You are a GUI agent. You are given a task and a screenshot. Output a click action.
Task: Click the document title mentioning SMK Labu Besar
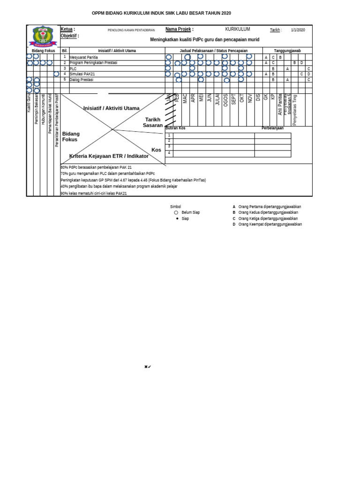pyautogui.click(x=161, y=14)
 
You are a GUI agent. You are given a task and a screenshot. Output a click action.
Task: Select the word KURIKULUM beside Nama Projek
pyautogui.click(x=237, y=29)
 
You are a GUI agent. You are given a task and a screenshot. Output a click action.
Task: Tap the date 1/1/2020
pyautogui.click(x=298, y=30)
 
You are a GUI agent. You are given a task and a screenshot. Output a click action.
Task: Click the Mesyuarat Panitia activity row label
pyautogui.click(x=83, y=57)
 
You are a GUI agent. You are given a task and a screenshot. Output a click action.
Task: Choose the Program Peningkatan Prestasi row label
pyautogui.click(x=93, y=62)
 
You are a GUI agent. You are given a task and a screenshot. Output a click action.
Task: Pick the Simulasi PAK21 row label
pyautogui.click(x=83, y=74)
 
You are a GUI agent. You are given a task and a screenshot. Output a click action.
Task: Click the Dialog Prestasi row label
pyautogui.click(x=82, y=80)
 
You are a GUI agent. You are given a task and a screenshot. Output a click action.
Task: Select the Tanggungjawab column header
pyautogui.click(x=287, y=50)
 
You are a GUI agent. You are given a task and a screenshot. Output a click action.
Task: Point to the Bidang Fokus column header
pyautogui.click(x=43, y=50)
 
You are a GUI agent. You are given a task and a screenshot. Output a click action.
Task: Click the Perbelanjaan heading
pyautogui.click(x=272, y=128)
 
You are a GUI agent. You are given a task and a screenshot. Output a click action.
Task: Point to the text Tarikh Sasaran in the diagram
pyautogui.click(x=153, y=122)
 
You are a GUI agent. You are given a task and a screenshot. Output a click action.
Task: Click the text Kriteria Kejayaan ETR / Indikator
pyautogui.click(x=109, y=156)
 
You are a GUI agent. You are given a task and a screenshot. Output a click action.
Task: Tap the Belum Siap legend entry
pyautogui.click(x=190, y=212)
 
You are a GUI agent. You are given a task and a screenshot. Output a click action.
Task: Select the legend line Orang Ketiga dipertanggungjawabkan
pyautogui.click(x=268, y=218)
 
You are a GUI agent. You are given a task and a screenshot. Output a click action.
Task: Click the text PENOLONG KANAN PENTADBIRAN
pyautogui.click(x=131, y=30)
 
